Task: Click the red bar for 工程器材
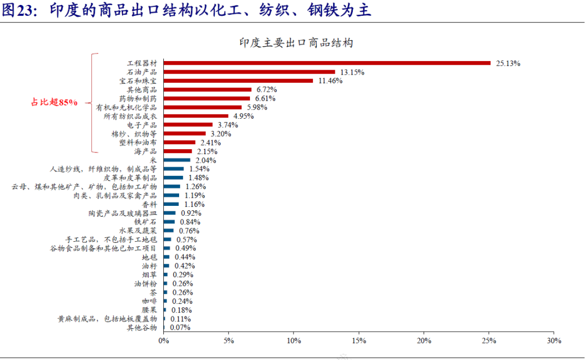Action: point(327,63)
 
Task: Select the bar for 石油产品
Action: point(249,72)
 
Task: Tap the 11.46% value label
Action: point(330,81)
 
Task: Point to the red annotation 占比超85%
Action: point(54,102)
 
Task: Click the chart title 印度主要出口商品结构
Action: point(296,42)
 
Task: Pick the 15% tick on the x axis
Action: point(358,340)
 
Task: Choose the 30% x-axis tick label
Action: point(553,340)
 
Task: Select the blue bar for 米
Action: point(176,160)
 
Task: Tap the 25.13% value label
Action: point(508,63)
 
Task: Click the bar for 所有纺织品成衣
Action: point(195,116)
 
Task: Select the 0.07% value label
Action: point(180,327)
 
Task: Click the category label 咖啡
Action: point(149,301)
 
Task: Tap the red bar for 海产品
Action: point(177,151)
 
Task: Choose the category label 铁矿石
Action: point(145,222)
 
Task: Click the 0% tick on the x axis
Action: point(163,340)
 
